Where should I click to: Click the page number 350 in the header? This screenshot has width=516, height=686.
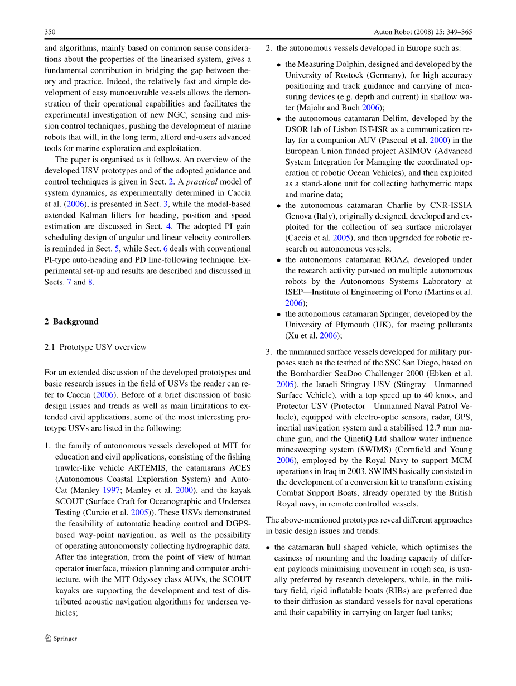tap(50, 32)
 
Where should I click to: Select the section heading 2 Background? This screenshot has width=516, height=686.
tap(71, 322)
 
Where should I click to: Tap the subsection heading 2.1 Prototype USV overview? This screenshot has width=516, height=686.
tap(95, 347)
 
